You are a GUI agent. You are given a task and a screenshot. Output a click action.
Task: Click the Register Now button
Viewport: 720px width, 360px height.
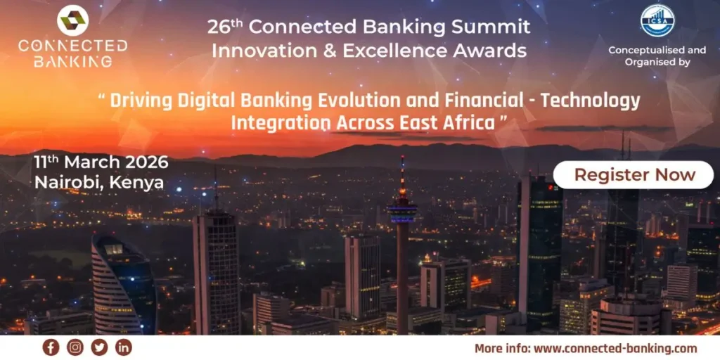pos(634,175)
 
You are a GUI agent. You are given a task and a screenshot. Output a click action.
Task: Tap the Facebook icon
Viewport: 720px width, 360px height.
pos(51,347)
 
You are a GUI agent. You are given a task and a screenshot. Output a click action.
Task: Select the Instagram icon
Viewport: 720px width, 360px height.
pos(75,347)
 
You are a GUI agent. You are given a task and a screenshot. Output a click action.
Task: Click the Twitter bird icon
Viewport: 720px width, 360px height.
pos(99,347)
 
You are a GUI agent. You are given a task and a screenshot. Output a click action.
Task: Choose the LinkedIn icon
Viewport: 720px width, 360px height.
pos(123,347)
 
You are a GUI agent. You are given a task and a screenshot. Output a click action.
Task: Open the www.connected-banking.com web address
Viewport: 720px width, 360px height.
pos(615,348)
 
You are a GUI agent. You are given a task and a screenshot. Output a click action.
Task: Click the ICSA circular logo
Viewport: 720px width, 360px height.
pos(657,20)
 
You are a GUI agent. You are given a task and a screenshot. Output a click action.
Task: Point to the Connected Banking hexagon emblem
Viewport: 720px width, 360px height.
pos(72,21)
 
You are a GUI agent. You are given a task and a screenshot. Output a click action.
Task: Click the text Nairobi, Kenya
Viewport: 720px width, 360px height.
pos(98,183)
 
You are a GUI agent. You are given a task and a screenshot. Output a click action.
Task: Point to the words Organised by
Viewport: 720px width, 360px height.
pos(657,62)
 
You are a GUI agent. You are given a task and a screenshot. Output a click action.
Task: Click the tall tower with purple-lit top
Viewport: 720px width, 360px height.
pos(401,211)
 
